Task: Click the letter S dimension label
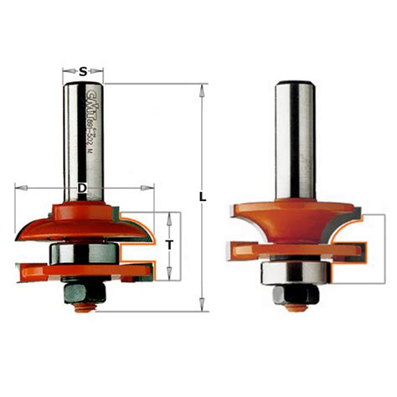pos(84,71)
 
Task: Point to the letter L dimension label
pos(204,197)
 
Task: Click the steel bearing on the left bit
pos(82,250)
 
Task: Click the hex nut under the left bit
pos(80,290)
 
